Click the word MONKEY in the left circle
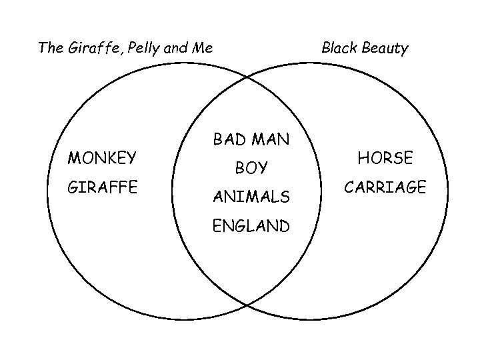[x=102, y=158]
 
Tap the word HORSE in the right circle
[x=385, y=158]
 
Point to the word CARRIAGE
[x=385, y=187]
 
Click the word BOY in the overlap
[x=251, y=169]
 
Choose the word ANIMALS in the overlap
[x=251, y=197]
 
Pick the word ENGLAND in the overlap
[x=251, y=226]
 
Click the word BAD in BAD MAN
[x=229, y=139]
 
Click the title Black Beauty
[x=365, y=48]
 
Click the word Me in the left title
[x=203, y=48]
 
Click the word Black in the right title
[x=339, y=48]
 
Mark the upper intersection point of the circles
[x=247, y=77]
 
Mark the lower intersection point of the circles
[x=247, y=305]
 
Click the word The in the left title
[x=49, y=48]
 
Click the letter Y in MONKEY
[x=131, y=158]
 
